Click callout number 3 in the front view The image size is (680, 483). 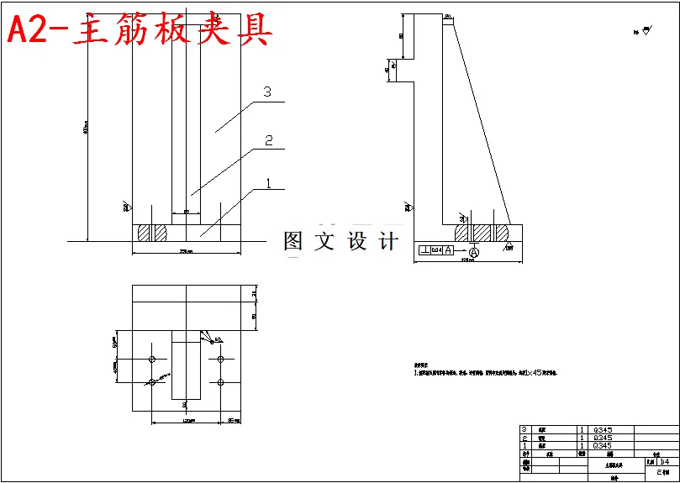[x=266, y=93]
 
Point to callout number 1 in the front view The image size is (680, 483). [x=268, y=181]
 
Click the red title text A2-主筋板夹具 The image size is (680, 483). [x=140, y=30]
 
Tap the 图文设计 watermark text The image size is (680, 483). [x=340, y=242]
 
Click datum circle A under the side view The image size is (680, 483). [x=474, y=251]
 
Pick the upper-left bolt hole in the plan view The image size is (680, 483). [x=152, y=360]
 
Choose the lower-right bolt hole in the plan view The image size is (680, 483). [x=220, y=382]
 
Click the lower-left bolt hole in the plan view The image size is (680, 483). [x=152, y=382]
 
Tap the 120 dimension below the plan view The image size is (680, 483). [x=186, y=421]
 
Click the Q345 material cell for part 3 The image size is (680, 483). [x=603, y=430]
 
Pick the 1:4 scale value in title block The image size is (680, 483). [x=665, y=461]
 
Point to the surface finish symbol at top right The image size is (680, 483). [x=645, y=32]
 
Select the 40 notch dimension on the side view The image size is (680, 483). [x=387, y=71]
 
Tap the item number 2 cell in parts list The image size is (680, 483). [x=525, y=438]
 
